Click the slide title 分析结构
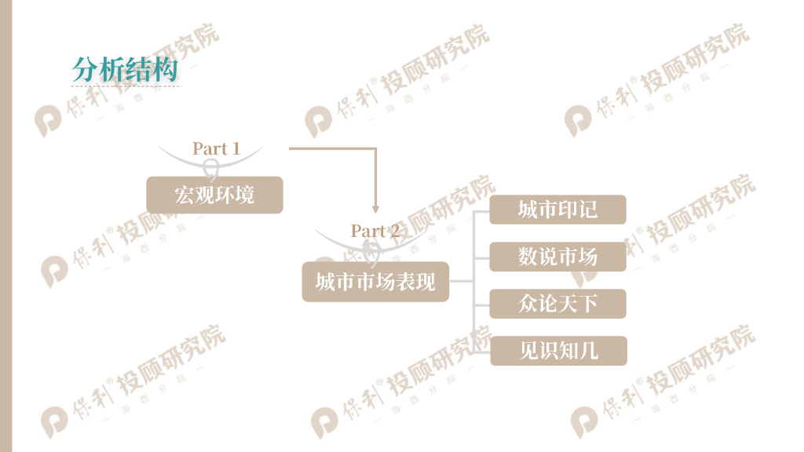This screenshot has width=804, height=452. (126, 70)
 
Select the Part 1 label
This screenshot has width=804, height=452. (216, 148)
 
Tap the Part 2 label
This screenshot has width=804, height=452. (375, 231)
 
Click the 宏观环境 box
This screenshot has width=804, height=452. (214, 195)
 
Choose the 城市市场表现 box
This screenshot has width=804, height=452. (375, 282)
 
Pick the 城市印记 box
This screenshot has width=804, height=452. (557, 210)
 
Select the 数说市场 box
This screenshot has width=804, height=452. (557, 257)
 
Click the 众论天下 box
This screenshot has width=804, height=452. (557, 304)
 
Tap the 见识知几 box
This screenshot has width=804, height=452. (558, 351)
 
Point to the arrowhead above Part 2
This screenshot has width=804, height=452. (375, 209)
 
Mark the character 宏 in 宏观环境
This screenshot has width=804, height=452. (185, 195)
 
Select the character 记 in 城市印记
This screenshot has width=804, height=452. (588, 210)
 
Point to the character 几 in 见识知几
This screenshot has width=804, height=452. (589, 351)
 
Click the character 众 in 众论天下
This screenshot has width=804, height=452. (528, 304)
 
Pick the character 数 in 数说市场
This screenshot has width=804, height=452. (528, 257)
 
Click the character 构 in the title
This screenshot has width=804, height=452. (166, 70)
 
